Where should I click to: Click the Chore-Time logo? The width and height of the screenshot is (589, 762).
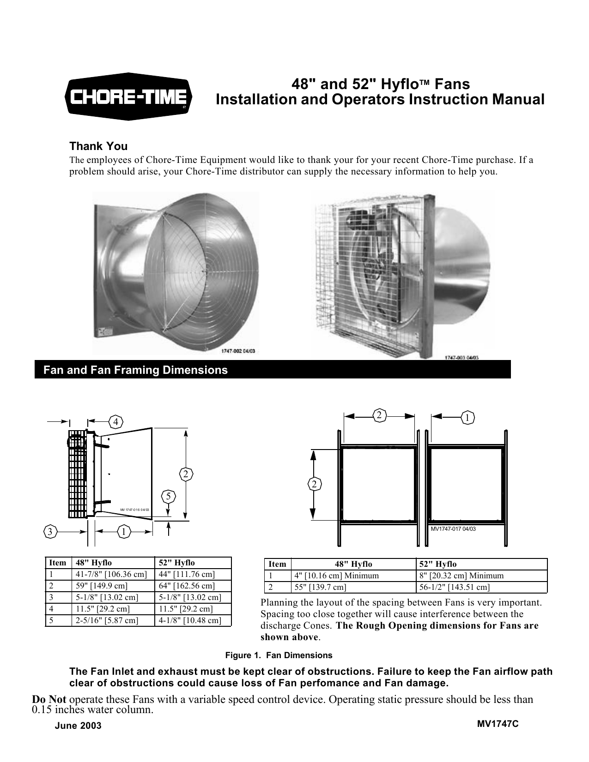(129, 96)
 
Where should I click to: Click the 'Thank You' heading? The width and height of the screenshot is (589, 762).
(98, 146)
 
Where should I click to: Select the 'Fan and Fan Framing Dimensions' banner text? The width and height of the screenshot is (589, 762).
(135, 370)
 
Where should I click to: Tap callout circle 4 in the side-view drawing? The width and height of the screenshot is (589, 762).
(116, 421)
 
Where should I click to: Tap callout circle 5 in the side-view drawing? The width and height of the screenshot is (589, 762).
(169, 496)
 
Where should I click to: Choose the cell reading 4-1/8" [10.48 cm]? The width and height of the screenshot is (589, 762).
(189, 620)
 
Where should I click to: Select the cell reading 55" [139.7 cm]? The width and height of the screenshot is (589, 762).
(320, 587)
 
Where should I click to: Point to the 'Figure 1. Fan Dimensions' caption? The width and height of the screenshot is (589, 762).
(278, 655)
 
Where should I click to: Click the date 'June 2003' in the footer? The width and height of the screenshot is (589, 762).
(77, 726)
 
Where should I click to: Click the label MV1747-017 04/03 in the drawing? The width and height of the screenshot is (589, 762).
(453, 529)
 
